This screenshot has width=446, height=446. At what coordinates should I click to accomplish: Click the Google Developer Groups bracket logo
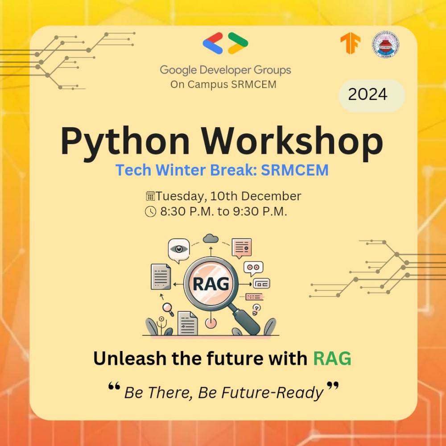(225, 43)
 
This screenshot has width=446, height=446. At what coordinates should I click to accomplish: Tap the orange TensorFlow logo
(351, 43)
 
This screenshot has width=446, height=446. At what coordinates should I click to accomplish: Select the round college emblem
(385, 45)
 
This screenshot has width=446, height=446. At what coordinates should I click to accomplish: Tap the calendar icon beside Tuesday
(150, 196)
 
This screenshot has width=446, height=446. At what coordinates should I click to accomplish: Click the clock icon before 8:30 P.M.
(150, 211)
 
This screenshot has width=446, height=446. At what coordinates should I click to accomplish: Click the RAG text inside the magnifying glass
(211, 284)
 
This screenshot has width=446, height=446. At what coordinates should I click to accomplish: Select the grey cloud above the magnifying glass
(211, 238)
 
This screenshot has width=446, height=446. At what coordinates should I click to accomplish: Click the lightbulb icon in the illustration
(256, 309)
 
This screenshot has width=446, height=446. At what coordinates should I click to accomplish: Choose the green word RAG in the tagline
(332, 359)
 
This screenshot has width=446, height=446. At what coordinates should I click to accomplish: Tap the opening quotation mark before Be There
(114, 386)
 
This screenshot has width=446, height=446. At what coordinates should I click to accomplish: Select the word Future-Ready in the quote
(272, 393)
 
